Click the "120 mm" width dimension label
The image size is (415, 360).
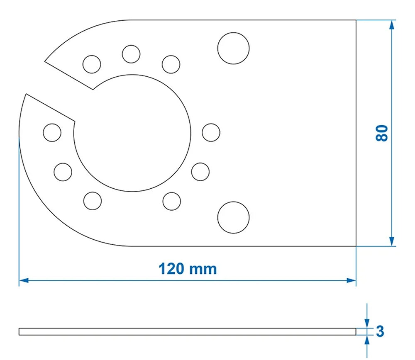(x=188, y=269)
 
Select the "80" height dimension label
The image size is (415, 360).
(x=382, y=133)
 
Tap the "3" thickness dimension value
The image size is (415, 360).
(x=380, y=331)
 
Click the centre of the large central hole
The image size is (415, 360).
(x=132, y=134)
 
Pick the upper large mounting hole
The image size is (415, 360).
(x=233, y=48)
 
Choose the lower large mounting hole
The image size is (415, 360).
(x=233, y=217)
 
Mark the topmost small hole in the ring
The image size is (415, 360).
(x=131, y=54)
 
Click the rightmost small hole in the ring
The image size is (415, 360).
(x=211, y=132)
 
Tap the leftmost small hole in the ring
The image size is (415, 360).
(x=52, y=132)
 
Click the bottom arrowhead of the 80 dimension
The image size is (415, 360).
(x=391, y=242)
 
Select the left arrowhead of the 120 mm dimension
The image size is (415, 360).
(x=23, y=280)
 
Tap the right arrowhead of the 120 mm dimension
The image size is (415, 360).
(x=352, y=280)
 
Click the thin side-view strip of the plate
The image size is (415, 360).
(x=187, y=331)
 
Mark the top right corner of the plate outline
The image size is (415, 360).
(x=356, y=20)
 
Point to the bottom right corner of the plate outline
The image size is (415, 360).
(x=356, y=246)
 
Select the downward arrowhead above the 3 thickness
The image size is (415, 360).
(x=367, y=323)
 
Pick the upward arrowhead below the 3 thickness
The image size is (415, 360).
(x=367, y=340)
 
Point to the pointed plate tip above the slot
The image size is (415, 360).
(x=45, y=62)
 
